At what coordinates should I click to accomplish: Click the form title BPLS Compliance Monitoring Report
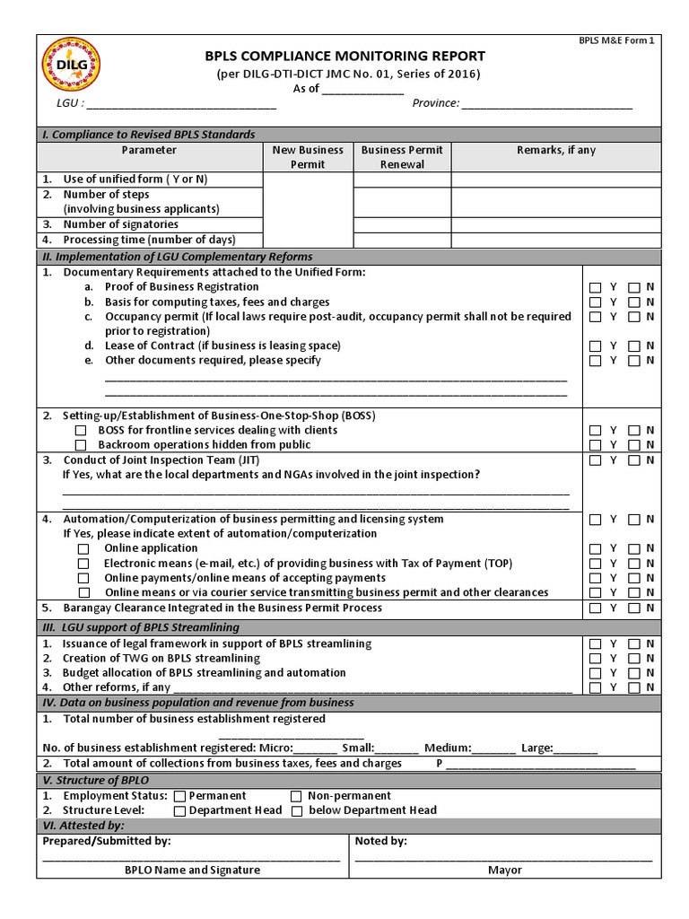(345, 56)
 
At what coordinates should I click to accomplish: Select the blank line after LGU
(180, 104)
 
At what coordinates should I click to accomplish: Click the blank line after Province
(547, 104)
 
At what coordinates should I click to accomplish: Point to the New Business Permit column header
(308, 157)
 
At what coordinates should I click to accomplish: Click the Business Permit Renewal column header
(402, 157)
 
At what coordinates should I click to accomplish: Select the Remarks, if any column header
(556, 150)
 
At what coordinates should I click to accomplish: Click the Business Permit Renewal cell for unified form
(402, 179)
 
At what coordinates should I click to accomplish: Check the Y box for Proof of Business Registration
(596, 287)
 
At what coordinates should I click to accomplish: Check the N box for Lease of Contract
(634, 346)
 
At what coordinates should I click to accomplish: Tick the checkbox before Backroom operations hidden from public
(81, 445)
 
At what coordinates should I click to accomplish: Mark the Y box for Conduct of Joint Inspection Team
(596, 460)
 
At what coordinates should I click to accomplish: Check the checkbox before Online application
(83, 548)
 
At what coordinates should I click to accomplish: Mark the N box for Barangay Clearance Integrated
(634, 608)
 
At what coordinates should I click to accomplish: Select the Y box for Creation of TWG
(596, 659)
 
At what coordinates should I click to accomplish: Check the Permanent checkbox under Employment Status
(179, 796)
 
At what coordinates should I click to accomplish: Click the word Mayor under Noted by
(505, 870)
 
